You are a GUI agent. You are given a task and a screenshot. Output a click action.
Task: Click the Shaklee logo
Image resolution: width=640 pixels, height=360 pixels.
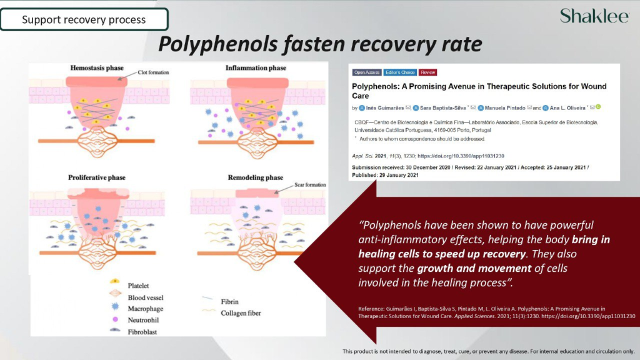594,16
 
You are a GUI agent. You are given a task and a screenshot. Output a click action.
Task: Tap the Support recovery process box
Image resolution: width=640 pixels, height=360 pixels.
84,19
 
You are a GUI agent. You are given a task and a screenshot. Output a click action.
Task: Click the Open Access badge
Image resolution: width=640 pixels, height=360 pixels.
366,72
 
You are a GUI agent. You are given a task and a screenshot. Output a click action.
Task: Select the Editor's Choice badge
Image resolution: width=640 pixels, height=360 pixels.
399,72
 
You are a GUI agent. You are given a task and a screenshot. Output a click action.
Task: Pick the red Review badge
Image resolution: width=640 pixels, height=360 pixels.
427,72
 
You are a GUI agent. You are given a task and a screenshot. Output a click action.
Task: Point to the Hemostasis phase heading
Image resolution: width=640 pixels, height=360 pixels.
97,67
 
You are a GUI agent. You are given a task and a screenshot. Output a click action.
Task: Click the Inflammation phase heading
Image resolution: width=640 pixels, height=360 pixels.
256,67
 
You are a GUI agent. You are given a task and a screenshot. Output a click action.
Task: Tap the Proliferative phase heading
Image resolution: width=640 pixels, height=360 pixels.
97,177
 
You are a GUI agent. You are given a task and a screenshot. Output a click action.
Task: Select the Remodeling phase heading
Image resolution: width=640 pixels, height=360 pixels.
256,177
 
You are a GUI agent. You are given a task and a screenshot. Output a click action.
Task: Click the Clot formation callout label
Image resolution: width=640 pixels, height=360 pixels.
153,72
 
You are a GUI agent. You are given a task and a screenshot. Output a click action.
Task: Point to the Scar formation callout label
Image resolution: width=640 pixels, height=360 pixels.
310,185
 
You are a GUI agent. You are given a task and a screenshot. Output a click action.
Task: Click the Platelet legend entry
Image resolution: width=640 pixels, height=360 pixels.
138,286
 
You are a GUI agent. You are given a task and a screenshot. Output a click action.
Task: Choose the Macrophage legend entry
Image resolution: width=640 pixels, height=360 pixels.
145,309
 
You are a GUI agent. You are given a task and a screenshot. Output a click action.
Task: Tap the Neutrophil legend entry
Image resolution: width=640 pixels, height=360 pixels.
143,320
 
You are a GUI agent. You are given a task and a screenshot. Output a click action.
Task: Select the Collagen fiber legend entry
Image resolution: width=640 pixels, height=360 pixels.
241,313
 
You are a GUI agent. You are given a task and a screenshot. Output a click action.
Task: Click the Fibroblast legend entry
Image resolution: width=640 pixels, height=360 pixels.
142,332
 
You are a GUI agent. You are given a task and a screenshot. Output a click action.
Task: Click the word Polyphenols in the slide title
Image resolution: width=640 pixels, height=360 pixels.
217,44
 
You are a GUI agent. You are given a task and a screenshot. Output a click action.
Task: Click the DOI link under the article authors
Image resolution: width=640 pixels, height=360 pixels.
461,156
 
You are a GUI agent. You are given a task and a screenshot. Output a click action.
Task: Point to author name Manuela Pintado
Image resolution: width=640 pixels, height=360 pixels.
505,108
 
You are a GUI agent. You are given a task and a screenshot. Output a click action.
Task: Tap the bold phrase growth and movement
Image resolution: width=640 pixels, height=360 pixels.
474,268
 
